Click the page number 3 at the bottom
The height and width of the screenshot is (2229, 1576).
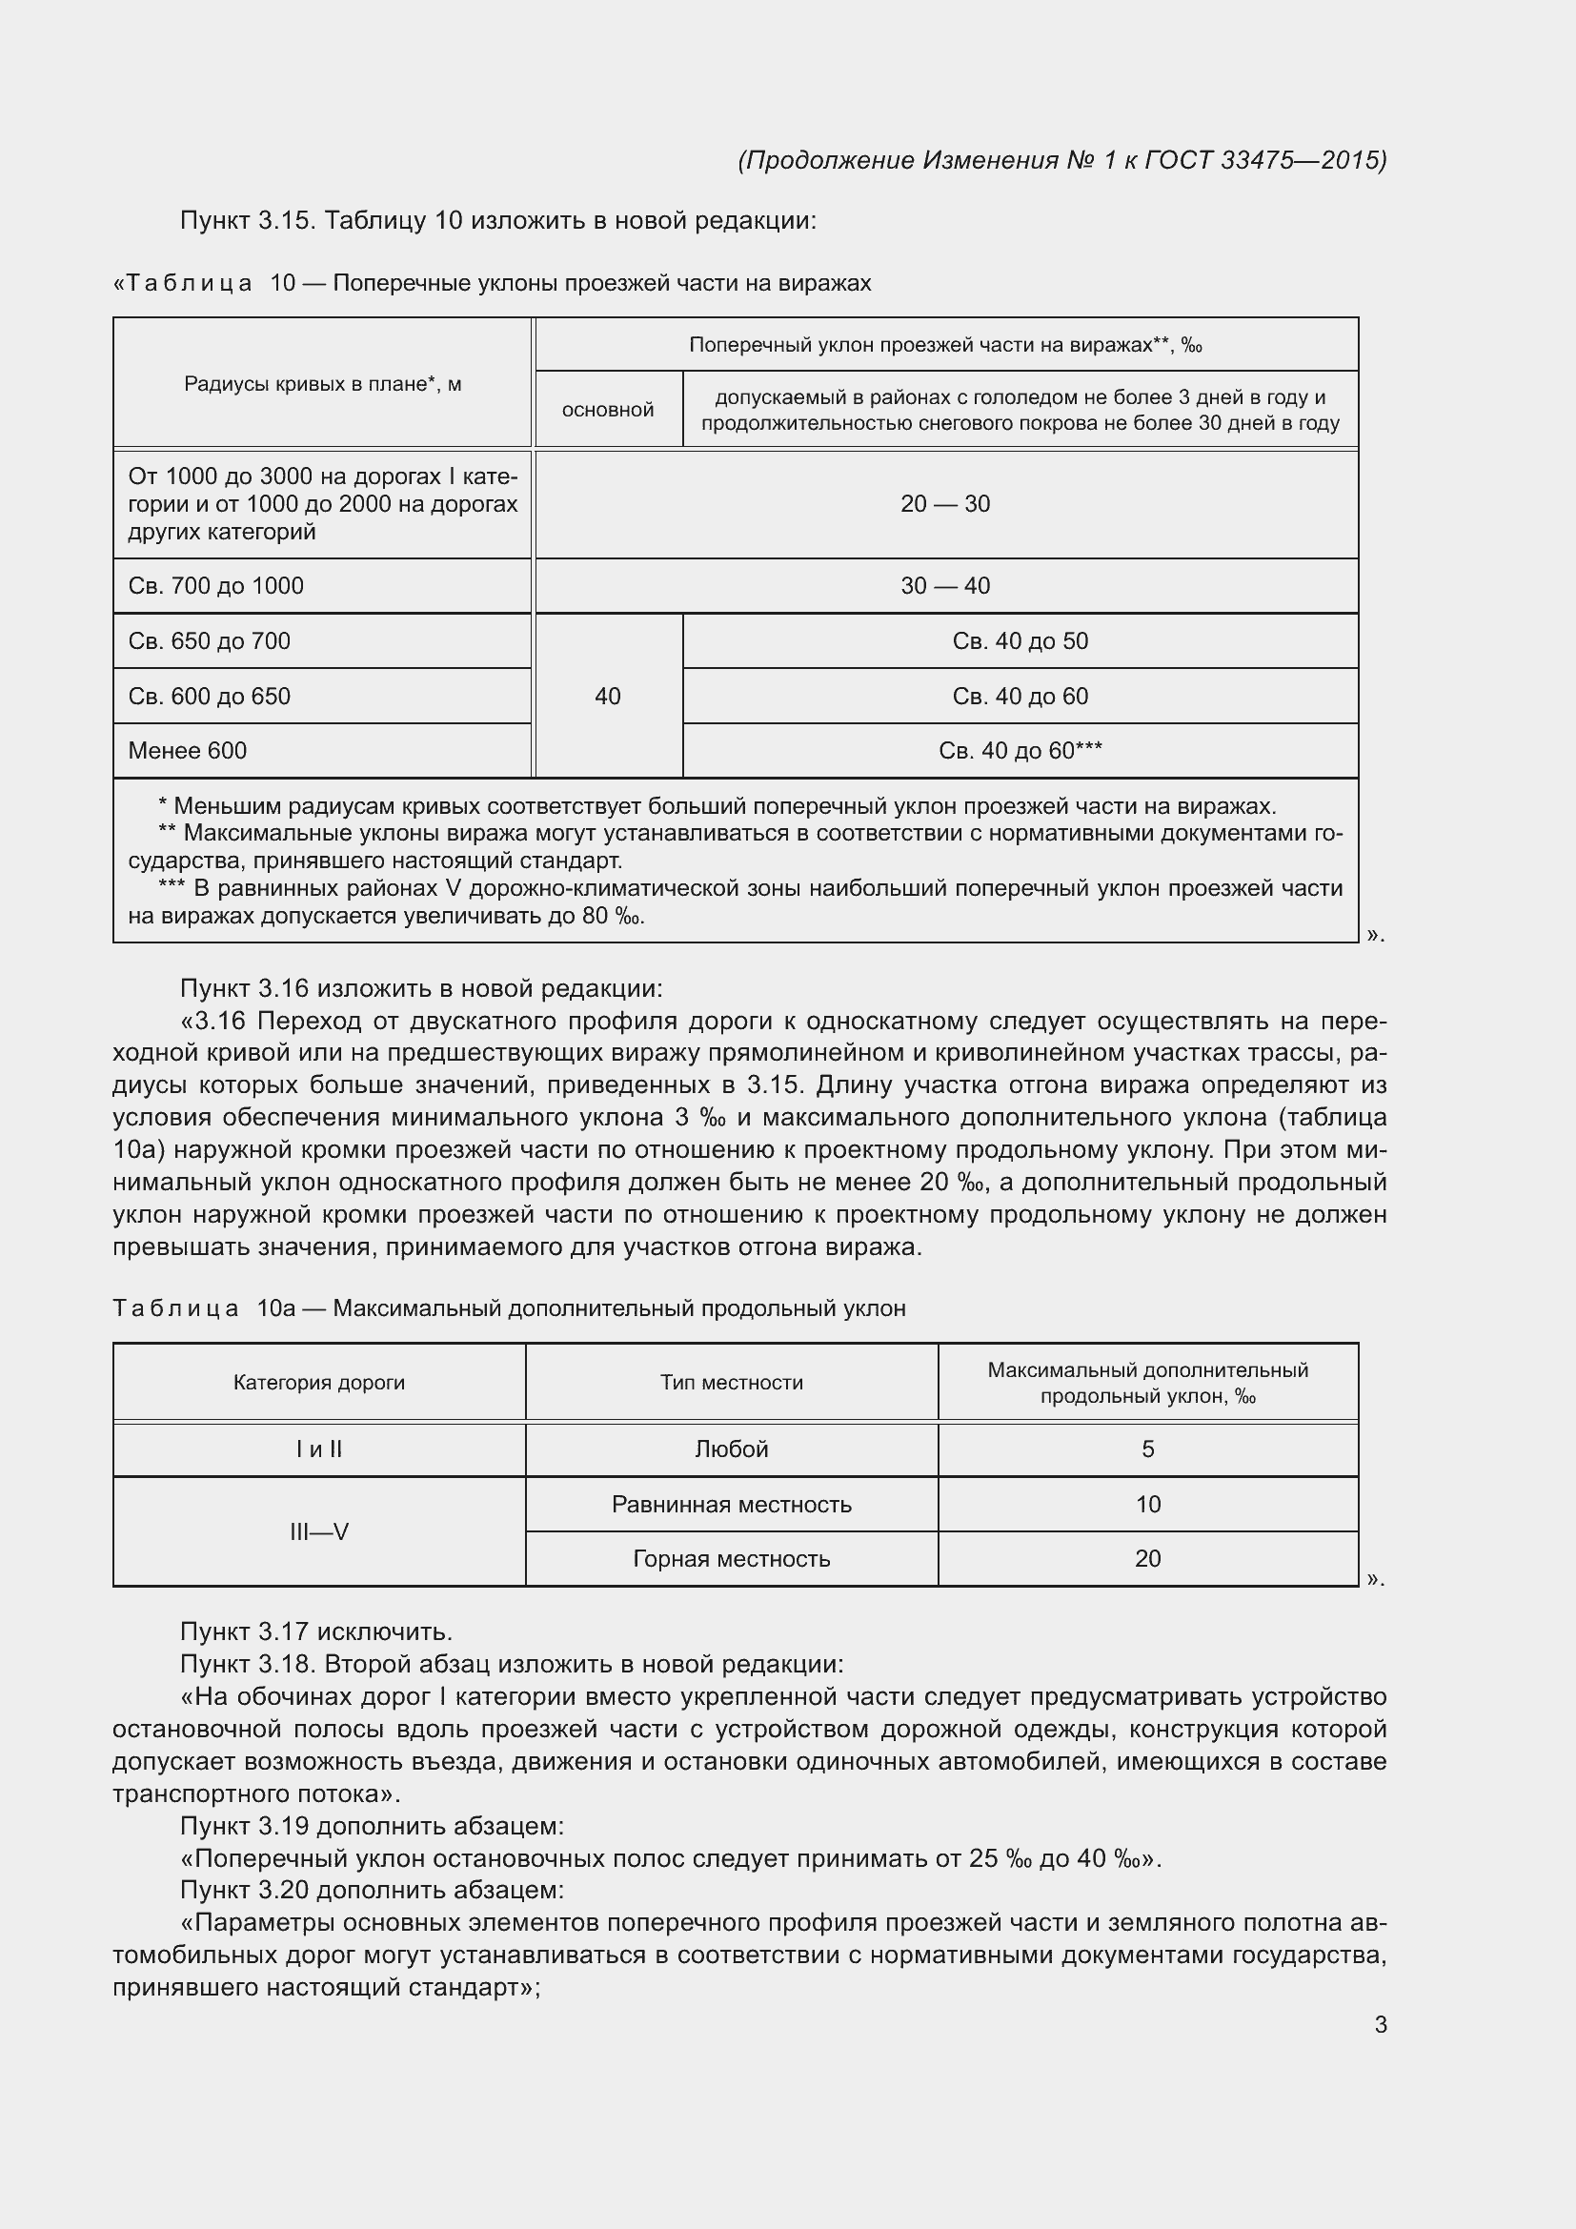click(1380, 2024)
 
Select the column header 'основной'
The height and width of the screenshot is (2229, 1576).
click(608, 410)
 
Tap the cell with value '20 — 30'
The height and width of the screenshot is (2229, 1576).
click(945, 504)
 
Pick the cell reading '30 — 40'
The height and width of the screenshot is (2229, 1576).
click(945, 585)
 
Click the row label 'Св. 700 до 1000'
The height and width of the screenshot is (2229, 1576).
click(215, 585)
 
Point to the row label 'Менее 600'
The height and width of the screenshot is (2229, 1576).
click(188, 750)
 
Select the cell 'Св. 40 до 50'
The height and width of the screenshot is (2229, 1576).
click(1020, 640)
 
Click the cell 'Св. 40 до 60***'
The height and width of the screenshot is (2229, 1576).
click(1020, 750)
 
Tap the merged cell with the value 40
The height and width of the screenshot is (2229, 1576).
click(608, 696)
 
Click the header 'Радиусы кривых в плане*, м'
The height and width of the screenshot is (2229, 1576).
click(322, 383)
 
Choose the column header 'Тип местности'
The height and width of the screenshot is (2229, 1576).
click(732, 1383)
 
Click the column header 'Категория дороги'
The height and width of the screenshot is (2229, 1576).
click(318, 1383)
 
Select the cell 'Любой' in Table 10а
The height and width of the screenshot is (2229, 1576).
click(732, 1449)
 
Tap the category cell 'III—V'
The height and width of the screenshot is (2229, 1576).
click(318, 1532)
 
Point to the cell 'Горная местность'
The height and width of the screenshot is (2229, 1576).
click(732, 1559)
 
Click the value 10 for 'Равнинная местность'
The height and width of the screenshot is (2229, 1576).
click(1147, 1505)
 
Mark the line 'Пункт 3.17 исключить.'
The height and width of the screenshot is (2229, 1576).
click(316, 1631)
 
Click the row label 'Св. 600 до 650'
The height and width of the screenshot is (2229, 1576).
click(210, 696)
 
